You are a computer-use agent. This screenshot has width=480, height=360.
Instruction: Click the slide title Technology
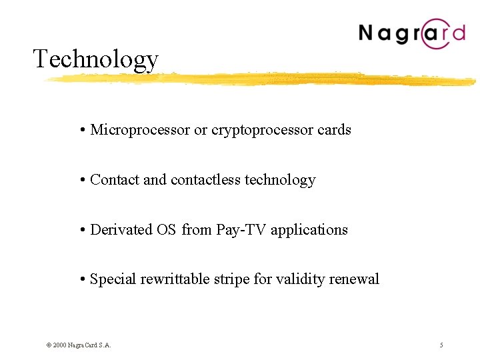click(x=95, y=59)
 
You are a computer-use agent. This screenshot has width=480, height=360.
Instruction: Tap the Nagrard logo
click(x=411, y=33)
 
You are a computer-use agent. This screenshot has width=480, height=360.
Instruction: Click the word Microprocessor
click(x=140, y=130)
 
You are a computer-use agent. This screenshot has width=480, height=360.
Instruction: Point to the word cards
click(x=334, y=130)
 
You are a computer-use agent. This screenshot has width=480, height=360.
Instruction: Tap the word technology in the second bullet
click(x=280, y=180)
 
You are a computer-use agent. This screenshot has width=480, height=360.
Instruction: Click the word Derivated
click(x=121, y=229)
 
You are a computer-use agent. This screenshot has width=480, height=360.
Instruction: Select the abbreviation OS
click(x=167, y=229)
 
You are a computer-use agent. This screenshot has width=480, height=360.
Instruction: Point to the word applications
click(x=309, y=230)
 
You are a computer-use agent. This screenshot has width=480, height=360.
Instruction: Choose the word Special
click(x=113, y=279)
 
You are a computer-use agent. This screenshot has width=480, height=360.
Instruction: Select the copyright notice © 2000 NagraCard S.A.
click(x=79, y=345)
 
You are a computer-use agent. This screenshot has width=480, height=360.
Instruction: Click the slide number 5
click(x=441, y=345)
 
